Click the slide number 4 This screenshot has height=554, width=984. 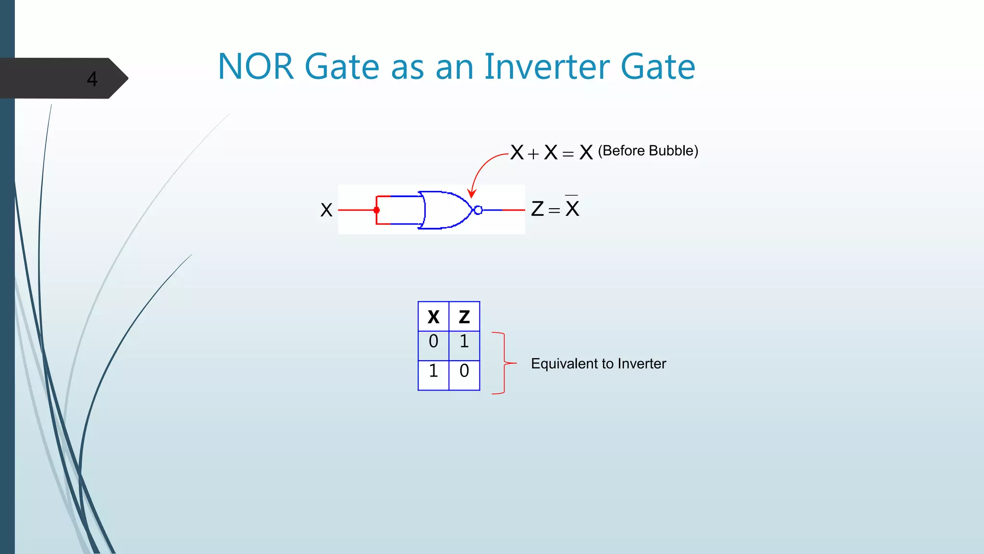click(92, 79)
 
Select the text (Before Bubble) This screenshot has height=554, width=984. click(648, 151)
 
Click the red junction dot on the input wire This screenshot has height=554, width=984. click(377, 210)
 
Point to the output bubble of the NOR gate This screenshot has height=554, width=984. click(478, 210)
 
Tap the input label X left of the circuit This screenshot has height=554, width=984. click(326, 210)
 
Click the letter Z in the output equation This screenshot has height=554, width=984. click(538, 209)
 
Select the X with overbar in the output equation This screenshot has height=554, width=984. click(572, 208)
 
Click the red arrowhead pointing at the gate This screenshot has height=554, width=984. click(472, 193)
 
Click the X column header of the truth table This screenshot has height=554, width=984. click(433, 317)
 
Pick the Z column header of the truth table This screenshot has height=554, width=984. click(464, 317)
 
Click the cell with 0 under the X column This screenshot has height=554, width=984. click(433, 341)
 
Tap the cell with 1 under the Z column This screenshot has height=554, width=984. click(464, 341)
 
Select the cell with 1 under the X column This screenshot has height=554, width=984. click(433, 371)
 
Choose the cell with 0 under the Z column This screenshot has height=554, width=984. click(464, 371)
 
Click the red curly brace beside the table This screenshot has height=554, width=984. click(504, 363)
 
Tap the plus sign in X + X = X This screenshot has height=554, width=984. click(533, 154)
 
